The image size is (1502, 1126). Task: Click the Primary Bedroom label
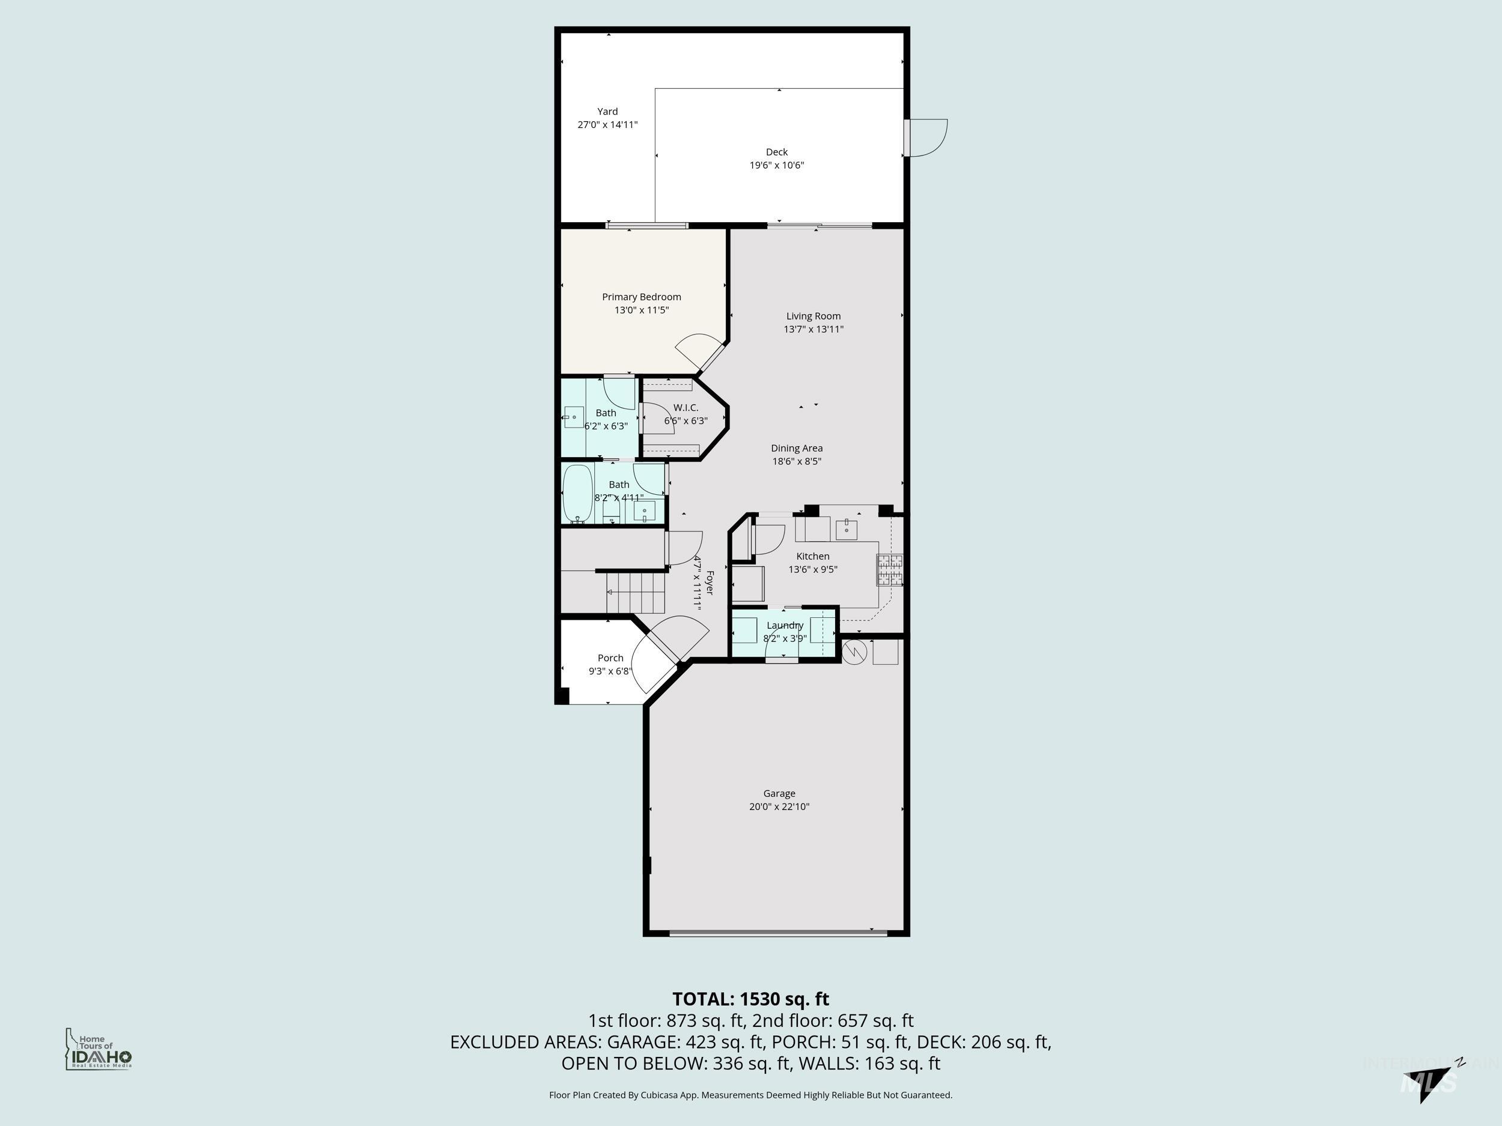pyautogui.click(x=641, y=297)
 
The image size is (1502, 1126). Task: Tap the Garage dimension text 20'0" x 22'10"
pyautogui.click(x=779, y=807)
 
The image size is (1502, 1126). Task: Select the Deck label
pyautogui.click(x=777, y=152)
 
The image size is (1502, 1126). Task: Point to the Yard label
pyautogui.click(x=607, y=111)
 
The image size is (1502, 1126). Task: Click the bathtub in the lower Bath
pyautogui.click(x=578, y=494)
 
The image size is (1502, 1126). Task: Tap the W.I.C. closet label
pyautogui.click(x=686, y=407)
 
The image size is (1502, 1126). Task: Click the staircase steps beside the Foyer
pyautogui.click(x=636, y=592)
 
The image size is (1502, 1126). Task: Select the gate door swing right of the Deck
pyautogui.click(x=927, y=139)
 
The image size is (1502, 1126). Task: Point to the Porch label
pyautogui.click(x=610, y=658)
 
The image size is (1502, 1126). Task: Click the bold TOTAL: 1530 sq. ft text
pyautogui.click(x=750, y=999)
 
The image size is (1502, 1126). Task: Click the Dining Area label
pyautogui.click(x=797, y=448)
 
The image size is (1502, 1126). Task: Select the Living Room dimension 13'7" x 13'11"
pyautogui.click(x=813, y=329)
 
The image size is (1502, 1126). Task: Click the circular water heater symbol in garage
pyautogui.click(x=855, y=652)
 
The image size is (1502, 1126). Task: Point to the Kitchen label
pyautogui.click(x=812, y=556)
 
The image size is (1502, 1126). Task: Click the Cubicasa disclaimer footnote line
pyautogui.click(x=750, y=1095)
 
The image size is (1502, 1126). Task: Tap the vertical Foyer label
pyautogui.click(x=710, y=583)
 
